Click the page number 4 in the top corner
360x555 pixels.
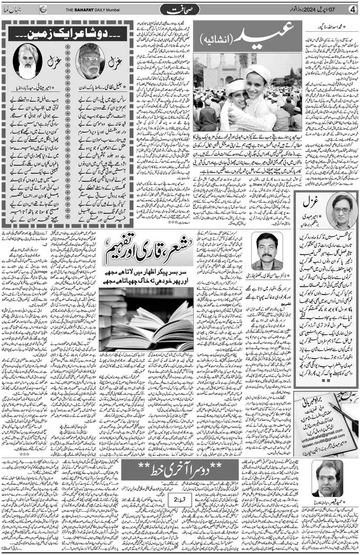[x=353, y=10]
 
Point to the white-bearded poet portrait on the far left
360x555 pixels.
[x=27, y=61]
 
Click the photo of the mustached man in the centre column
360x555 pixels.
[x=266, y=251]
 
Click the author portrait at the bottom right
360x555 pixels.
[x=326, y=479]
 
